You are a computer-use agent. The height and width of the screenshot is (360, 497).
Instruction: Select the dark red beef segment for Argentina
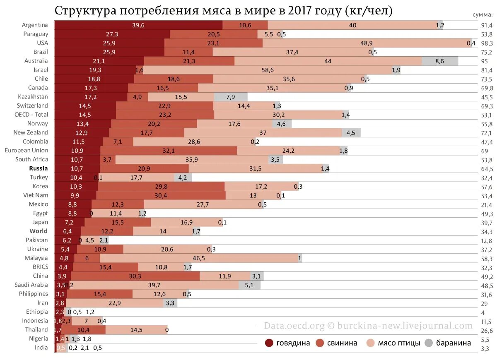tap(138, 25)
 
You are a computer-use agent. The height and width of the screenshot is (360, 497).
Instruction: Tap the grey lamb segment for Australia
tap(440, 61)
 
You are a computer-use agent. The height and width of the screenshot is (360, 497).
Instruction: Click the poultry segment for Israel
tap(268, 70)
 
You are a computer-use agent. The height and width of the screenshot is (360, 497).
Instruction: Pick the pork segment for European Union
tap(169, 151)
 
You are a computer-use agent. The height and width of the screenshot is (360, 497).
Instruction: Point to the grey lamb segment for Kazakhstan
tap(231, 97)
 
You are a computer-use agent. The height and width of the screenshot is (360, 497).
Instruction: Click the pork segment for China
tap(135, 276)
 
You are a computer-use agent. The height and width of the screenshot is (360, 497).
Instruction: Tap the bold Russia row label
tap(38, 168)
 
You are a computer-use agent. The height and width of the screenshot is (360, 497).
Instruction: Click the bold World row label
tap(38, 231)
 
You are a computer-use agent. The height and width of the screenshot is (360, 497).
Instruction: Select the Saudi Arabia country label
tap(31, 285)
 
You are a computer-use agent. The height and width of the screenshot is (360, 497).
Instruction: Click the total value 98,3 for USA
tap(486, 43)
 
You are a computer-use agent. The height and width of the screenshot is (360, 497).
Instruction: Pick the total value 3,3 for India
tap(486, 348)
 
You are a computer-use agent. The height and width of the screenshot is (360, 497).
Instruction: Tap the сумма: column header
tap(483, 15)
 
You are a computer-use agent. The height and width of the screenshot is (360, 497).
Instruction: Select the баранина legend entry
tap(448, 343)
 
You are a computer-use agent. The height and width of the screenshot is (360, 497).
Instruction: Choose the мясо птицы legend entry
tap(393, 343)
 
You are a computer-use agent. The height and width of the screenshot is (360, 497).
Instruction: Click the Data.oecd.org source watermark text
tap(294, 326)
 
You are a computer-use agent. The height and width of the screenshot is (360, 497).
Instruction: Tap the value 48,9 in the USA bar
tap(367, 43)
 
